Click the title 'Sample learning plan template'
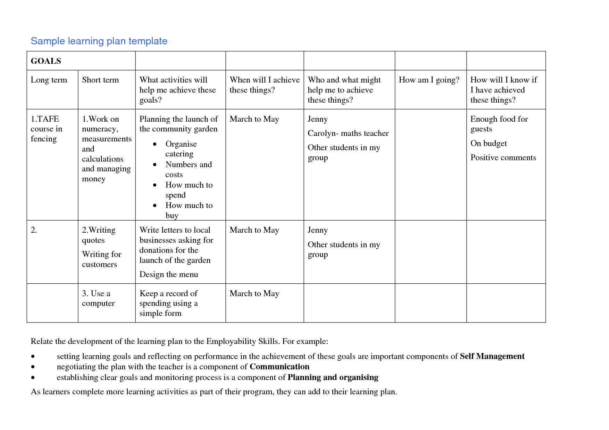coord(99,41)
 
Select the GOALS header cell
coord(46,61)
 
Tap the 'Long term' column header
coord(49,80)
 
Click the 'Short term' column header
coord(100,80)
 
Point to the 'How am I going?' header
coord(429,80)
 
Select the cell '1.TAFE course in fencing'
coord(47,129)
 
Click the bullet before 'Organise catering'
coord(155,144)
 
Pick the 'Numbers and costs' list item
coord(188,169)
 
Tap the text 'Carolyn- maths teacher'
coord(348,134)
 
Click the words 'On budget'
coord(488,144)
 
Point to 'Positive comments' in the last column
coord(503,158)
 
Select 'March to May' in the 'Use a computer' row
coord(254,294)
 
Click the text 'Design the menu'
coord(169,275)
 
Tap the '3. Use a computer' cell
coord(98,298)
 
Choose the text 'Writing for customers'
coord(101,259)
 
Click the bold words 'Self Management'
coord(492,356)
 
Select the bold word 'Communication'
coord(279,367)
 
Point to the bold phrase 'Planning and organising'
coord(333,378)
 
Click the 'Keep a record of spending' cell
coord(169,303)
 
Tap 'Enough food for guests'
coord(499,124)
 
